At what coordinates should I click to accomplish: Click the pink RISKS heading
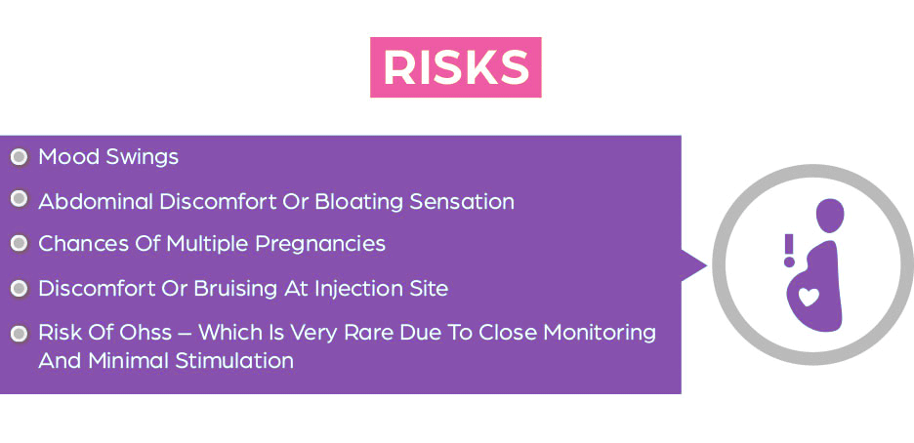pos(456,67)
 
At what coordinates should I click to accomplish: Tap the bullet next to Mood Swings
pos(20,157)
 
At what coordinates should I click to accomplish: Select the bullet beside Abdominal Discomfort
pos(20,200)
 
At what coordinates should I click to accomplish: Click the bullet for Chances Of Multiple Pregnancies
pos(20,243)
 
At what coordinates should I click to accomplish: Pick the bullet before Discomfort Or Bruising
pos(20,288)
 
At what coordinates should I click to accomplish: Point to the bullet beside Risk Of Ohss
pos(20,334)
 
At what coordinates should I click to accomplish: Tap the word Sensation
pos(462,202)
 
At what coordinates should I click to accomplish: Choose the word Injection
pos(346,289)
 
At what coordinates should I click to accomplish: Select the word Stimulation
pos(234,361)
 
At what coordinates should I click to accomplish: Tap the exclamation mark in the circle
pos(789,251)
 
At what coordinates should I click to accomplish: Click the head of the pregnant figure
pos(830,216)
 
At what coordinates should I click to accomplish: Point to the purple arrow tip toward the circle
pos(706,265)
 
